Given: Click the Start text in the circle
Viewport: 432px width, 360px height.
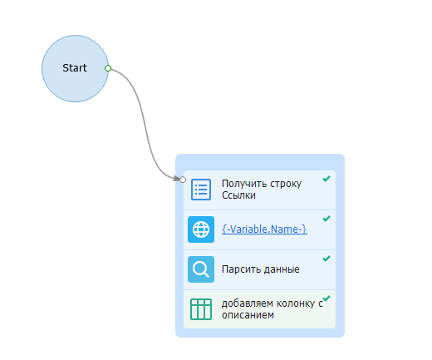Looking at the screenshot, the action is tap(75, 68).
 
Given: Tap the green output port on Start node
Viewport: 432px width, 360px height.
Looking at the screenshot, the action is tap(108, 68).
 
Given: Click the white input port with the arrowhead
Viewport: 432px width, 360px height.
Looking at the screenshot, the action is tap(183, 180).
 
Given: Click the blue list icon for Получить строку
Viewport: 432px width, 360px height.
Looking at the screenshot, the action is tap(201, 190).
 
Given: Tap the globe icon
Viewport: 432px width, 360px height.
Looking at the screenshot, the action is tap(201, 229).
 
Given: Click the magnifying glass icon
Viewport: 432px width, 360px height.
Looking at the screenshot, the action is tap(201, 269).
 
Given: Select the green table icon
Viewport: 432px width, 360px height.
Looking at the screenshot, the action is tap(201, 309).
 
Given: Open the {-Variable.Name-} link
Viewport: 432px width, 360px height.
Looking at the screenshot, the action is tap(264, 229).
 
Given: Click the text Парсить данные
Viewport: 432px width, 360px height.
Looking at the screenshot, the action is tap(261, 269).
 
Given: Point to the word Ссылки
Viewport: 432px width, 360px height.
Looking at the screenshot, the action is tap(238, 195).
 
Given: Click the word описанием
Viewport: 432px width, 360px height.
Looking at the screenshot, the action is tap(248, 315).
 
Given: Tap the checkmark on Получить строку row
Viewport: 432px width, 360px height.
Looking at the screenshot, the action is tap(326, 179).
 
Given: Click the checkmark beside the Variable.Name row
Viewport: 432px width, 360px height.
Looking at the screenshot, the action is tap(326, 219).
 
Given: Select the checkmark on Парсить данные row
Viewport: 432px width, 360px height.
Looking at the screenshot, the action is tap(326, 259).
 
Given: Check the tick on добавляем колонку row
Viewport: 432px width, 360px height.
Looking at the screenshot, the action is tap(326, 298).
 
